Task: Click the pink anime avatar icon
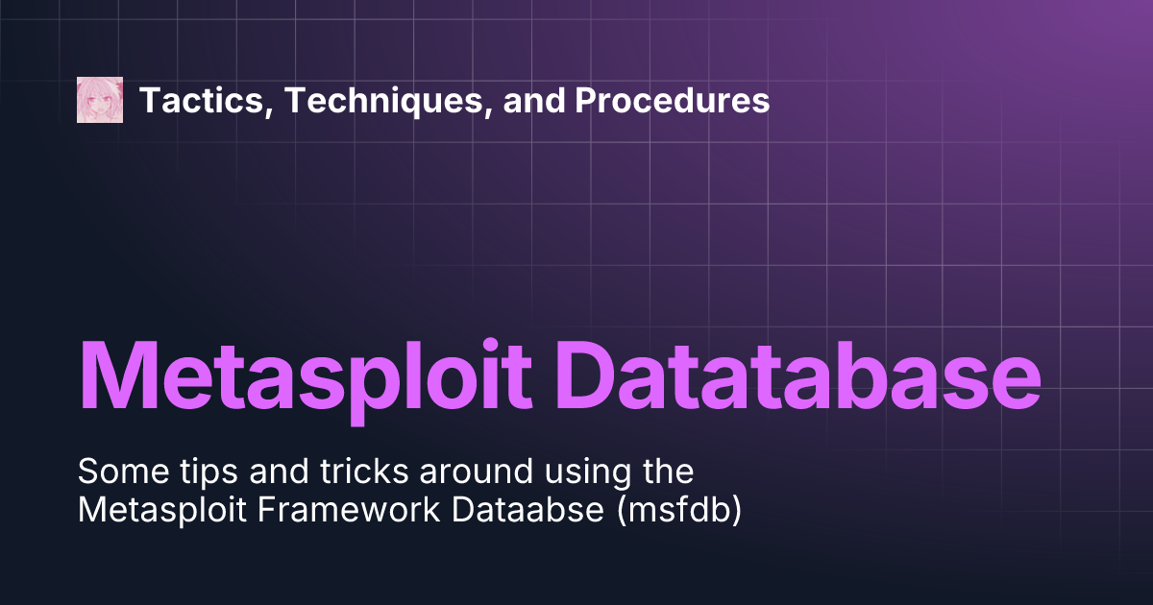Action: point(100,100)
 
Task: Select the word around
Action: point(442,472)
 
